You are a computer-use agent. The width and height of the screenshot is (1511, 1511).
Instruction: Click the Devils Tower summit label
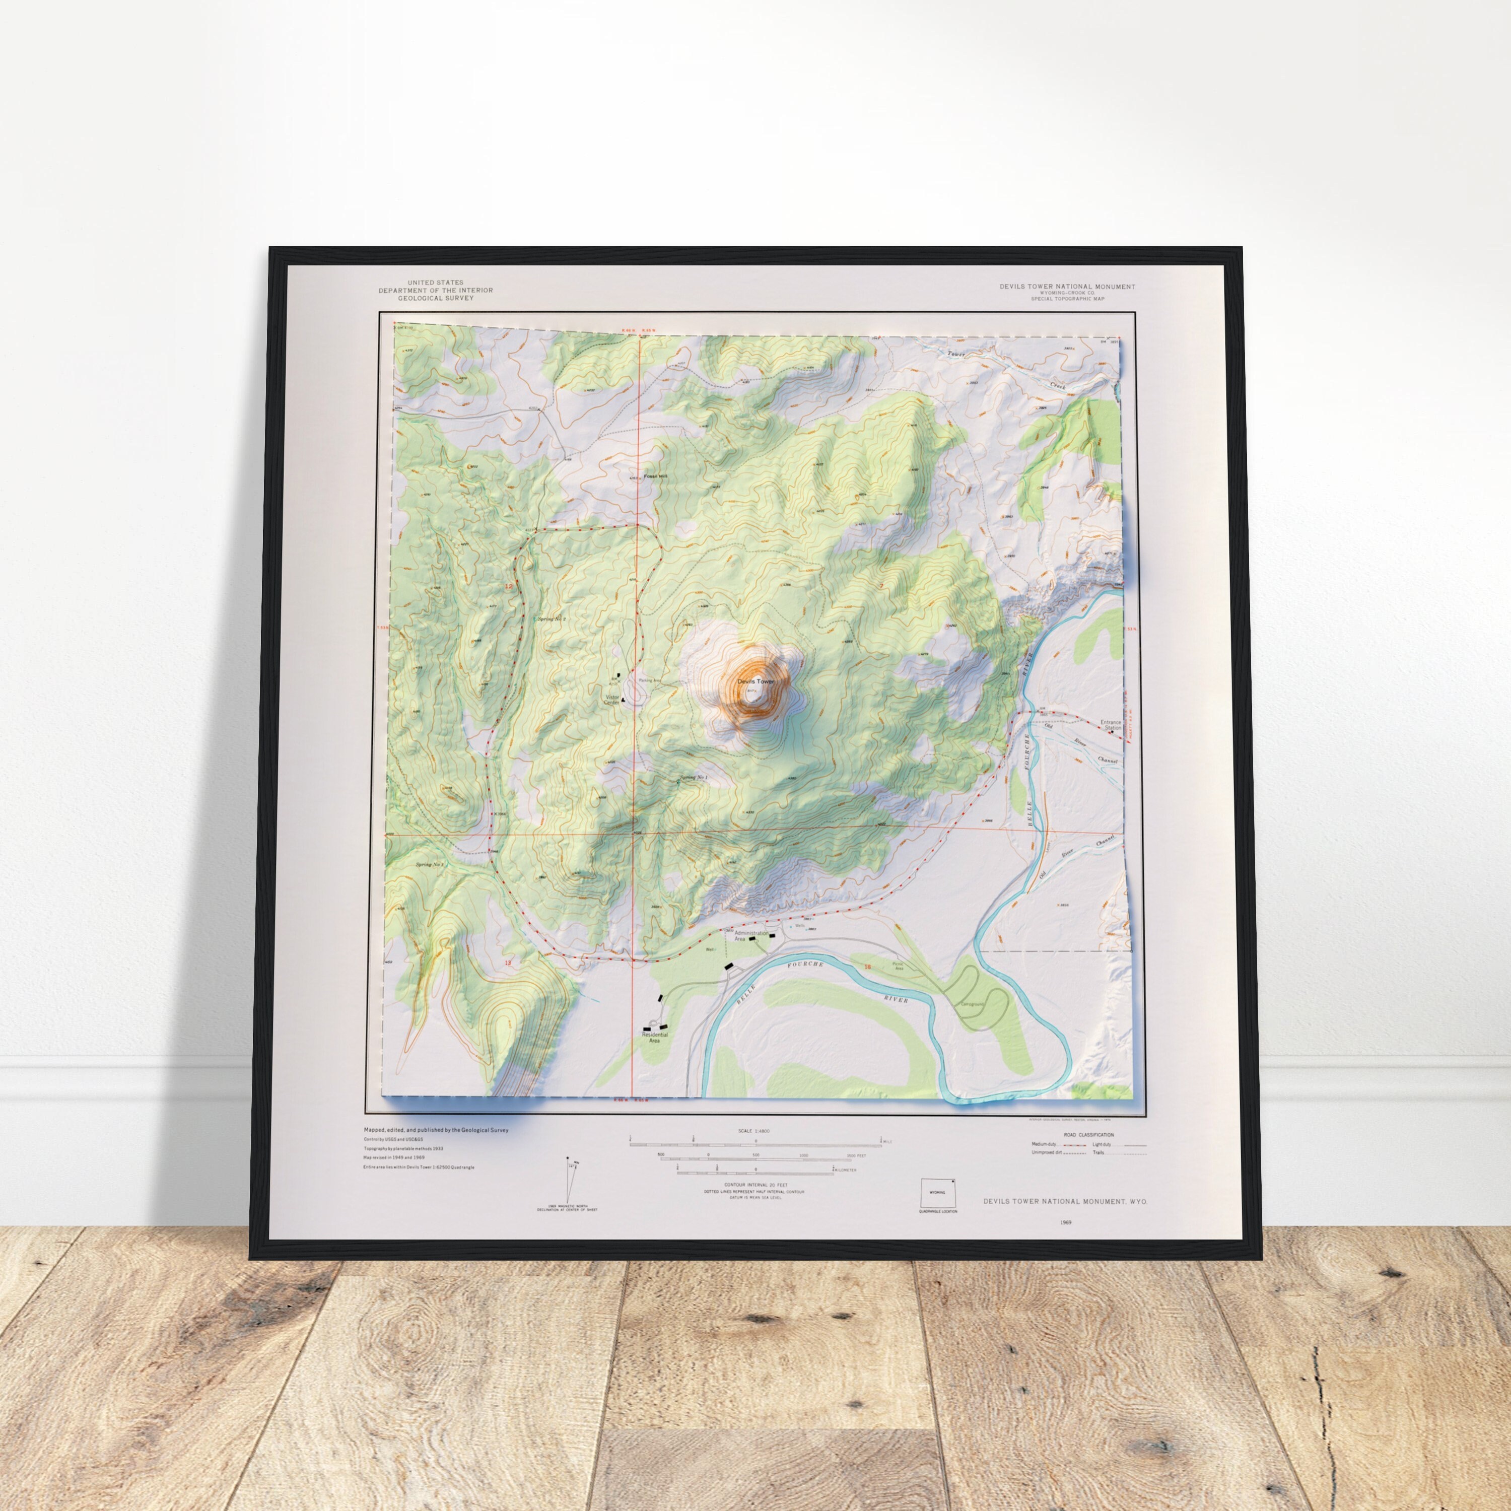756,681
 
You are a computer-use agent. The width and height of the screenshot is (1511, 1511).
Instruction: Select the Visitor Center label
611,699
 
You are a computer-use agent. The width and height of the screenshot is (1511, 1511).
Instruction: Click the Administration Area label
751,935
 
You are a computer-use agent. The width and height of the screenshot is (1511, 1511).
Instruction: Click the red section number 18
866,968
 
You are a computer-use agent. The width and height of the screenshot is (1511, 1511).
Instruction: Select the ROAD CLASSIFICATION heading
1088,1135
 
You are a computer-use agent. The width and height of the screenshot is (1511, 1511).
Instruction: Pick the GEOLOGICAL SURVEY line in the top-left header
436,298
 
